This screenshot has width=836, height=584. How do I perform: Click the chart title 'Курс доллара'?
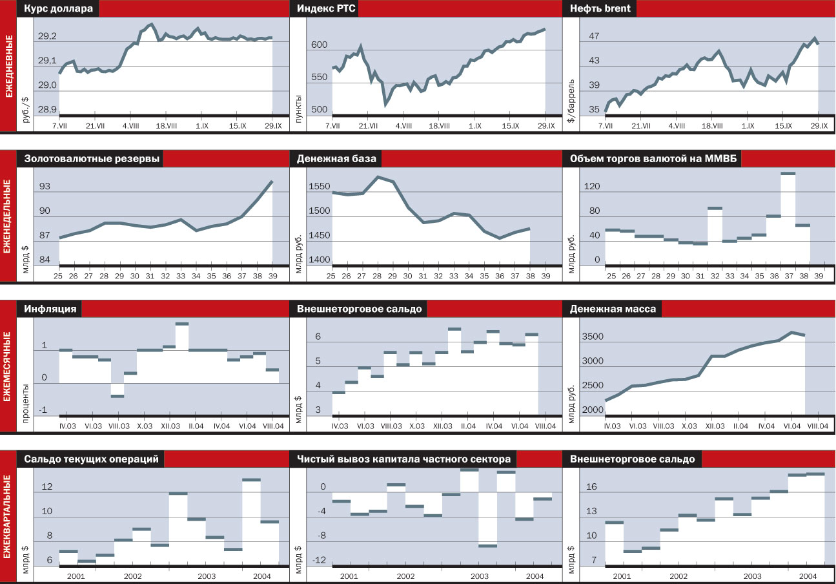click(x=59, y=9)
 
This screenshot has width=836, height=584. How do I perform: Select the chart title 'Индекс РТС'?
click(x=327, y=9)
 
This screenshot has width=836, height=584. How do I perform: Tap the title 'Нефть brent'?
click(x=600, y=9)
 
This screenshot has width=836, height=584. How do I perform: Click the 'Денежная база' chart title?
click(x=336, y=159)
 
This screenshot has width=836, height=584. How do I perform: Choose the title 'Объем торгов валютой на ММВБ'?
click(x=651, y=159)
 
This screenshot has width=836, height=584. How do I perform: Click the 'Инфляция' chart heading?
click(x=50, y=309)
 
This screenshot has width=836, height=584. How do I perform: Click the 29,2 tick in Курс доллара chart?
click(x=47, y=37)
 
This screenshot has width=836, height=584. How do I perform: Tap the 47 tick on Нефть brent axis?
click(x=594, y=37)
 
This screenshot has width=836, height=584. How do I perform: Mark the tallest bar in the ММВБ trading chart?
click(x=788, y=173)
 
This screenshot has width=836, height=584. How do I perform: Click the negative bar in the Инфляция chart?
click(x=117, y=395)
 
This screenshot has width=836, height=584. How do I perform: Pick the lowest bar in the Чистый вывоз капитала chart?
click(x=487, y=546)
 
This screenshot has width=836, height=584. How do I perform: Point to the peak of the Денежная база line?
click(x=378, y=176)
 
